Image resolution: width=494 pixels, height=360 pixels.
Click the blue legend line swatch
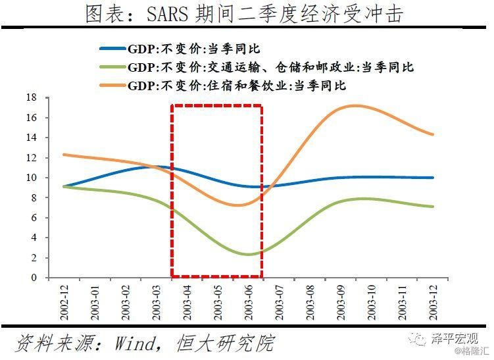[112, 49]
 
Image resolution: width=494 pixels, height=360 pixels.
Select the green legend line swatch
[112, 67]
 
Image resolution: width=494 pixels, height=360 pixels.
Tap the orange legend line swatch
[112, 86]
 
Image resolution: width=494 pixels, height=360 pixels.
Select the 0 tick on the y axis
[34, 278]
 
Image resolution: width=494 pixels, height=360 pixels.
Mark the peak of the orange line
[356, 105]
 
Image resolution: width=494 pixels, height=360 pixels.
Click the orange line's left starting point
[64, 155]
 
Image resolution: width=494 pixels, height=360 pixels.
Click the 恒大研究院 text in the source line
[224, 343]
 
